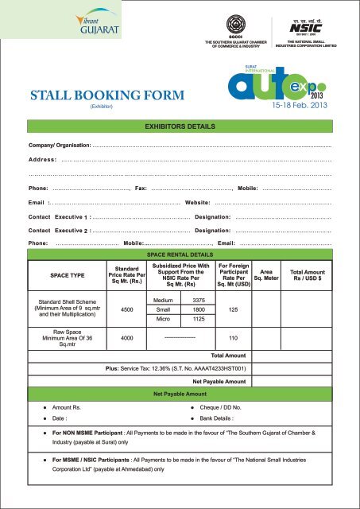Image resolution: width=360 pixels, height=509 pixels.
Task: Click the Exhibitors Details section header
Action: (180, 126)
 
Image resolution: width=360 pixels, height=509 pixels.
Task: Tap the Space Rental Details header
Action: (180, 254)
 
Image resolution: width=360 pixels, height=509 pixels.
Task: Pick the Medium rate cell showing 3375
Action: (199, 298)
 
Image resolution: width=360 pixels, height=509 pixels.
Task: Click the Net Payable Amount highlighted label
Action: (180, 393)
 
